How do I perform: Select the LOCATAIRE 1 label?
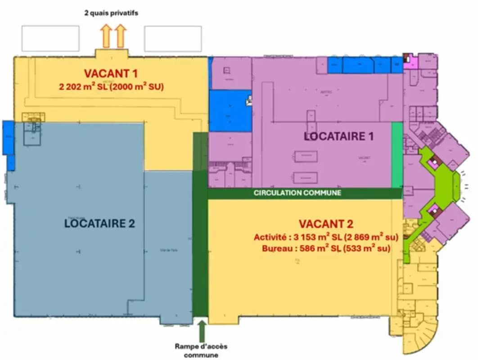(339, 136)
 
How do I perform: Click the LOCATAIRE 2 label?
(99, 223)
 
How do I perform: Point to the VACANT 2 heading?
(326, 224)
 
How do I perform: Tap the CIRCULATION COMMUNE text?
(298, 193)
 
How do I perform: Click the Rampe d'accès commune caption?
(201, 351)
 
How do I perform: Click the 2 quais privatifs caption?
(111, 13)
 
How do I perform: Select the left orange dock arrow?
(106, 36)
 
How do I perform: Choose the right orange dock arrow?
(120, 36)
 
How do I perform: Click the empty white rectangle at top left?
(50, 38)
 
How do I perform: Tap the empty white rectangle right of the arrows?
(173, 38)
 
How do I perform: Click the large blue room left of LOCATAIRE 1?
(230, 111)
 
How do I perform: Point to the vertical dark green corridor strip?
(200, 225)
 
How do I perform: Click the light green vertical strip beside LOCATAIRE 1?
(397, 155)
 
